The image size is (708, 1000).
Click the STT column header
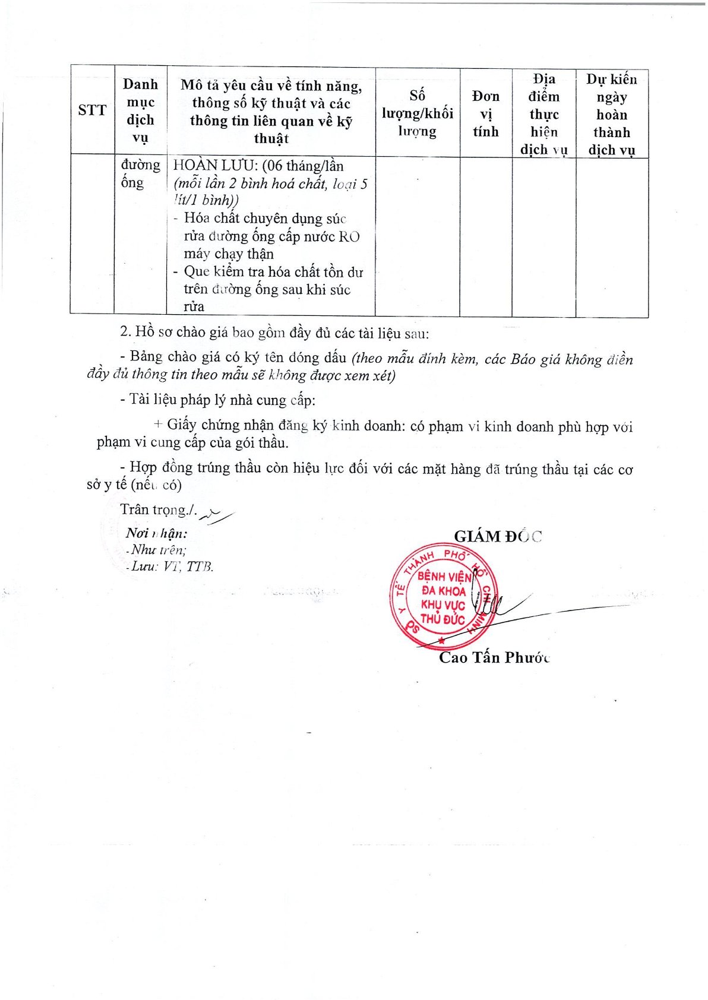(92, 110)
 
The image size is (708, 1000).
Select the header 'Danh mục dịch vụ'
(140, 111)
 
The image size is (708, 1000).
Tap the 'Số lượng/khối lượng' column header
(417, 113)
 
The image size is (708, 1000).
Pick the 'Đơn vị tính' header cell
(486, 113)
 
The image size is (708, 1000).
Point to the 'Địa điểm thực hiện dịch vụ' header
(544, 114)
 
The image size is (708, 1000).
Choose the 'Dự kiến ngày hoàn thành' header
(611, 115)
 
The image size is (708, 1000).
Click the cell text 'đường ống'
(140, 173)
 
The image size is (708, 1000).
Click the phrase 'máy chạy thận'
(229, 254)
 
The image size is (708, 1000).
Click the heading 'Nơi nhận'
(156, 533)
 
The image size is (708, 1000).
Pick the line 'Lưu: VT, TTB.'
(171, 567)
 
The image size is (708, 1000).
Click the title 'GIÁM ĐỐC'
(498, 537)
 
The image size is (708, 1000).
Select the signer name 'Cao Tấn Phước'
(494, 658)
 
